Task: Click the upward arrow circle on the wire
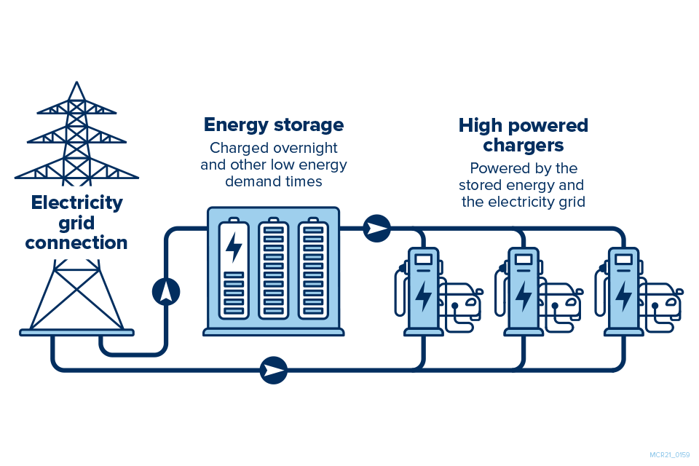[x=166, y=291]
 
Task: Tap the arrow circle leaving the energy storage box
[x=377, y=229]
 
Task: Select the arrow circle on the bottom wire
[x=275, y=370]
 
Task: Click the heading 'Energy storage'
[x=274, y=125]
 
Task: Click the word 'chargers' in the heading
[x=523, y=146]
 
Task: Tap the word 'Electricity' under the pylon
[x=77, y=202]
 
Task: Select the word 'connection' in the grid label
[x=76, y=242]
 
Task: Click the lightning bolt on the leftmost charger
[x=423, y=295]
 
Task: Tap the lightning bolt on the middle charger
[x=524, y=295]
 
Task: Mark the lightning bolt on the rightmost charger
[x=624, y=295]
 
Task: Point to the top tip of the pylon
[x=76, y=82]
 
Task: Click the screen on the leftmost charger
[x=423, y=258]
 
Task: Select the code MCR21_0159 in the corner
[x=669, y=455]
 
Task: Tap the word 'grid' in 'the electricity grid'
[x=569, y=202]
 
